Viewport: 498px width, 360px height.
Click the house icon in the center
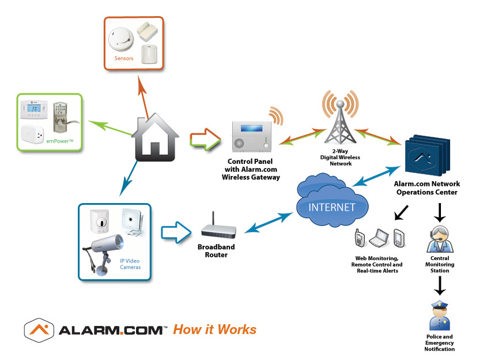[155, 138]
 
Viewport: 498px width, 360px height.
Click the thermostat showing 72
[33, 109]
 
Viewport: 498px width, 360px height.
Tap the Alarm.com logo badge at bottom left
[39, 330]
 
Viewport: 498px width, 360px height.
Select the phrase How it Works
[214, 329]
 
